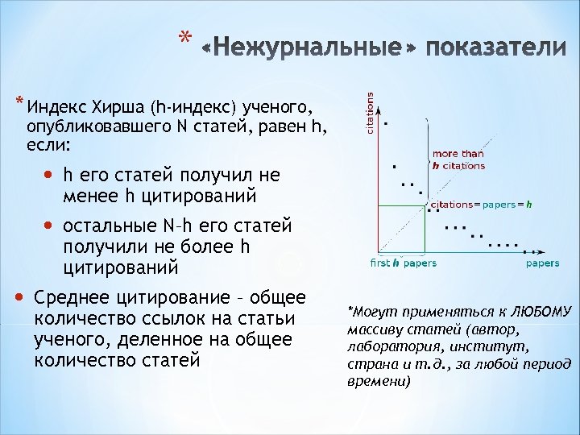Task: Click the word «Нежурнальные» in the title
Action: click(x=309, y=49)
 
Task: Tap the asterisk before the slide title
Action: click(x=185, y=39)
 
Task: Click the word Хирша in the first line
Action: click(x=122, y=109)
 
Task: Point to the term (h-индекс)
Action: click(x=193, y=109)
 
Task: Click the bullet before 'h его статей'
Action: click(x=52, y=175)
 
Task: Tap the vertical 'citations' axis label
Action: click(x=371, y=113)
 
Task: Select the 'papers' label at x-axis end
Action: click(x=542, y=263)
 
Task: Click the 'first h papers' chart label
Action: click(x=403, y=263)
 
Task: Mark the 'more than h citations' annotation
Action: click(x=458, y=159)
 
